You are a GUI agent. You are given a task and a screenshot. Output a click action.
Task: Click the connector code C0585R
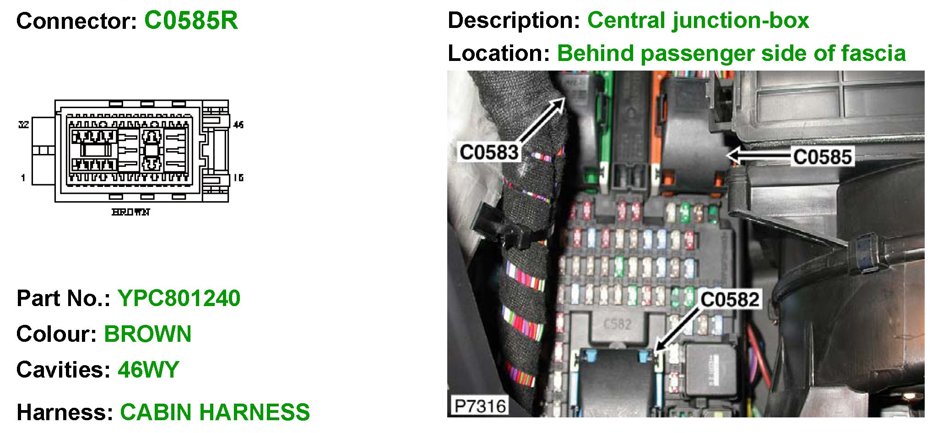(191, 21)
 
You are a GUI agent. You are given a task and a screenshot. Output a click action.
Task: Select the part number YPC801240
(179, 298)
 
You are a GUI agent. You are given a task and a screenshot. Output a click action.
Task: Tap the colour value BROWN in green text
(147, 334)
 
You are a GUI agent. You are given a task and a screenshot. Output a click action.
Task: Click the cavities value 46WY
(148, 370)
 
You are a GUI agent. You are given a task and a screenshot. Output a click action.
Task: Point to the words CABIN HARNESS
(215, 412)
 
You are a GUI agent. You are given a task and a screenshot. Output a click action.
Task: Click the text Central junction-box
(698, 21)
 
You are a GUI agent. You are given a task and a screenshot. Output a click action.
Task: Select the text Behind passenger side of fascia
(731, 54)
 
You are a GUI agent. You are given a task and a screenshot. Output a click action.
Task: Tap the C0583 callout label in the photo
(489, 153)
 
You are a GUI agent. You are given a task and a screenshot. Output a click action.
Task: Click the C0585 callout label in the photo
(822, 157)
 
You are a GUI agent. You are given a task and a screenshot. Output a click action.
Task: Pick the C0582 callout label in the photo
(730, 300)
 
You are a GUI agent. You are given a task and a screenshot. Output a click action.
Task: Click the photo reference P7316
(480, 406)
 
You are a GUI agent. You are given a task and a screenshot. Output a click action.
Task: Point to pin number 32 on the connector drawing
(23, 125)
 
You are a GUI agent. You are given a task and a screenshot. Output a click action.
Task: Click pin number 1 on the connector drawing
(23, 178)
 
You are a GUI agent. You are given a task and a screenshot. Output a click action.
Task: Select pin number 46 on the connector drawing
(238, 125)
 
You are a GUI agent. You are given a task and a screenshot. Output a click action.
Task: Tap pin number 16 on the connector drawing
(238, 178)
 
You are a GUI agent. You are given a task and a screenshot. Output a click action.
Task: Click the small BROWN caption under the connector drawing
(131, 212)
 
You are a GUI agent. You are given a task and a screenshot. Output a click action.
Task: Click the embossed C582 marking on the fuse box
(618, 324)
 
